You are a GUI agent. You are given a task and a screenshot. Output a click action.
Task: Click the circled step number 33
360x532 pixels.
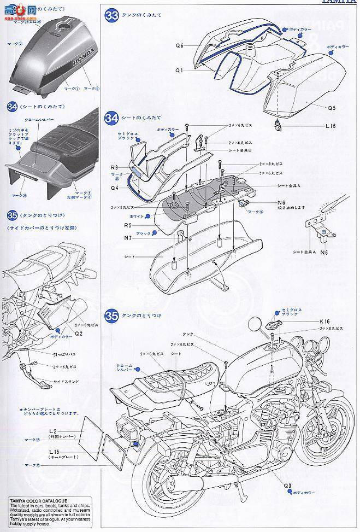(x=111, y=16)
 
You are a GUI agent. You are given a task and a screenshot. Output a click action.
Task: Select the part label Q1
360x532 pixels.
(x=179, y=70)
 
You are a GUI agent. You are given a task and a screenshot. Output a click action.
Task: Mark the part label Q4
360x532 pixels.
(x=114, y=187)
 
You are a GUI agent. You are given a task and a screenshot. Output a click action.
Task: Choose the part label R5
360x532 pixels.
(x=127, y=225)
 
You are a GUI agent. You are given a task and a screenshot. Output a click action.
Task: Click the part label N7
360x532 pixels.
(x=127, y=237)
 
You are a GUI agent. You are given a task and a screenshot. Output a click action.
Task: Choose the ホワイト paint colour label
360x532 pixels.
(x=139, y=217)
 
